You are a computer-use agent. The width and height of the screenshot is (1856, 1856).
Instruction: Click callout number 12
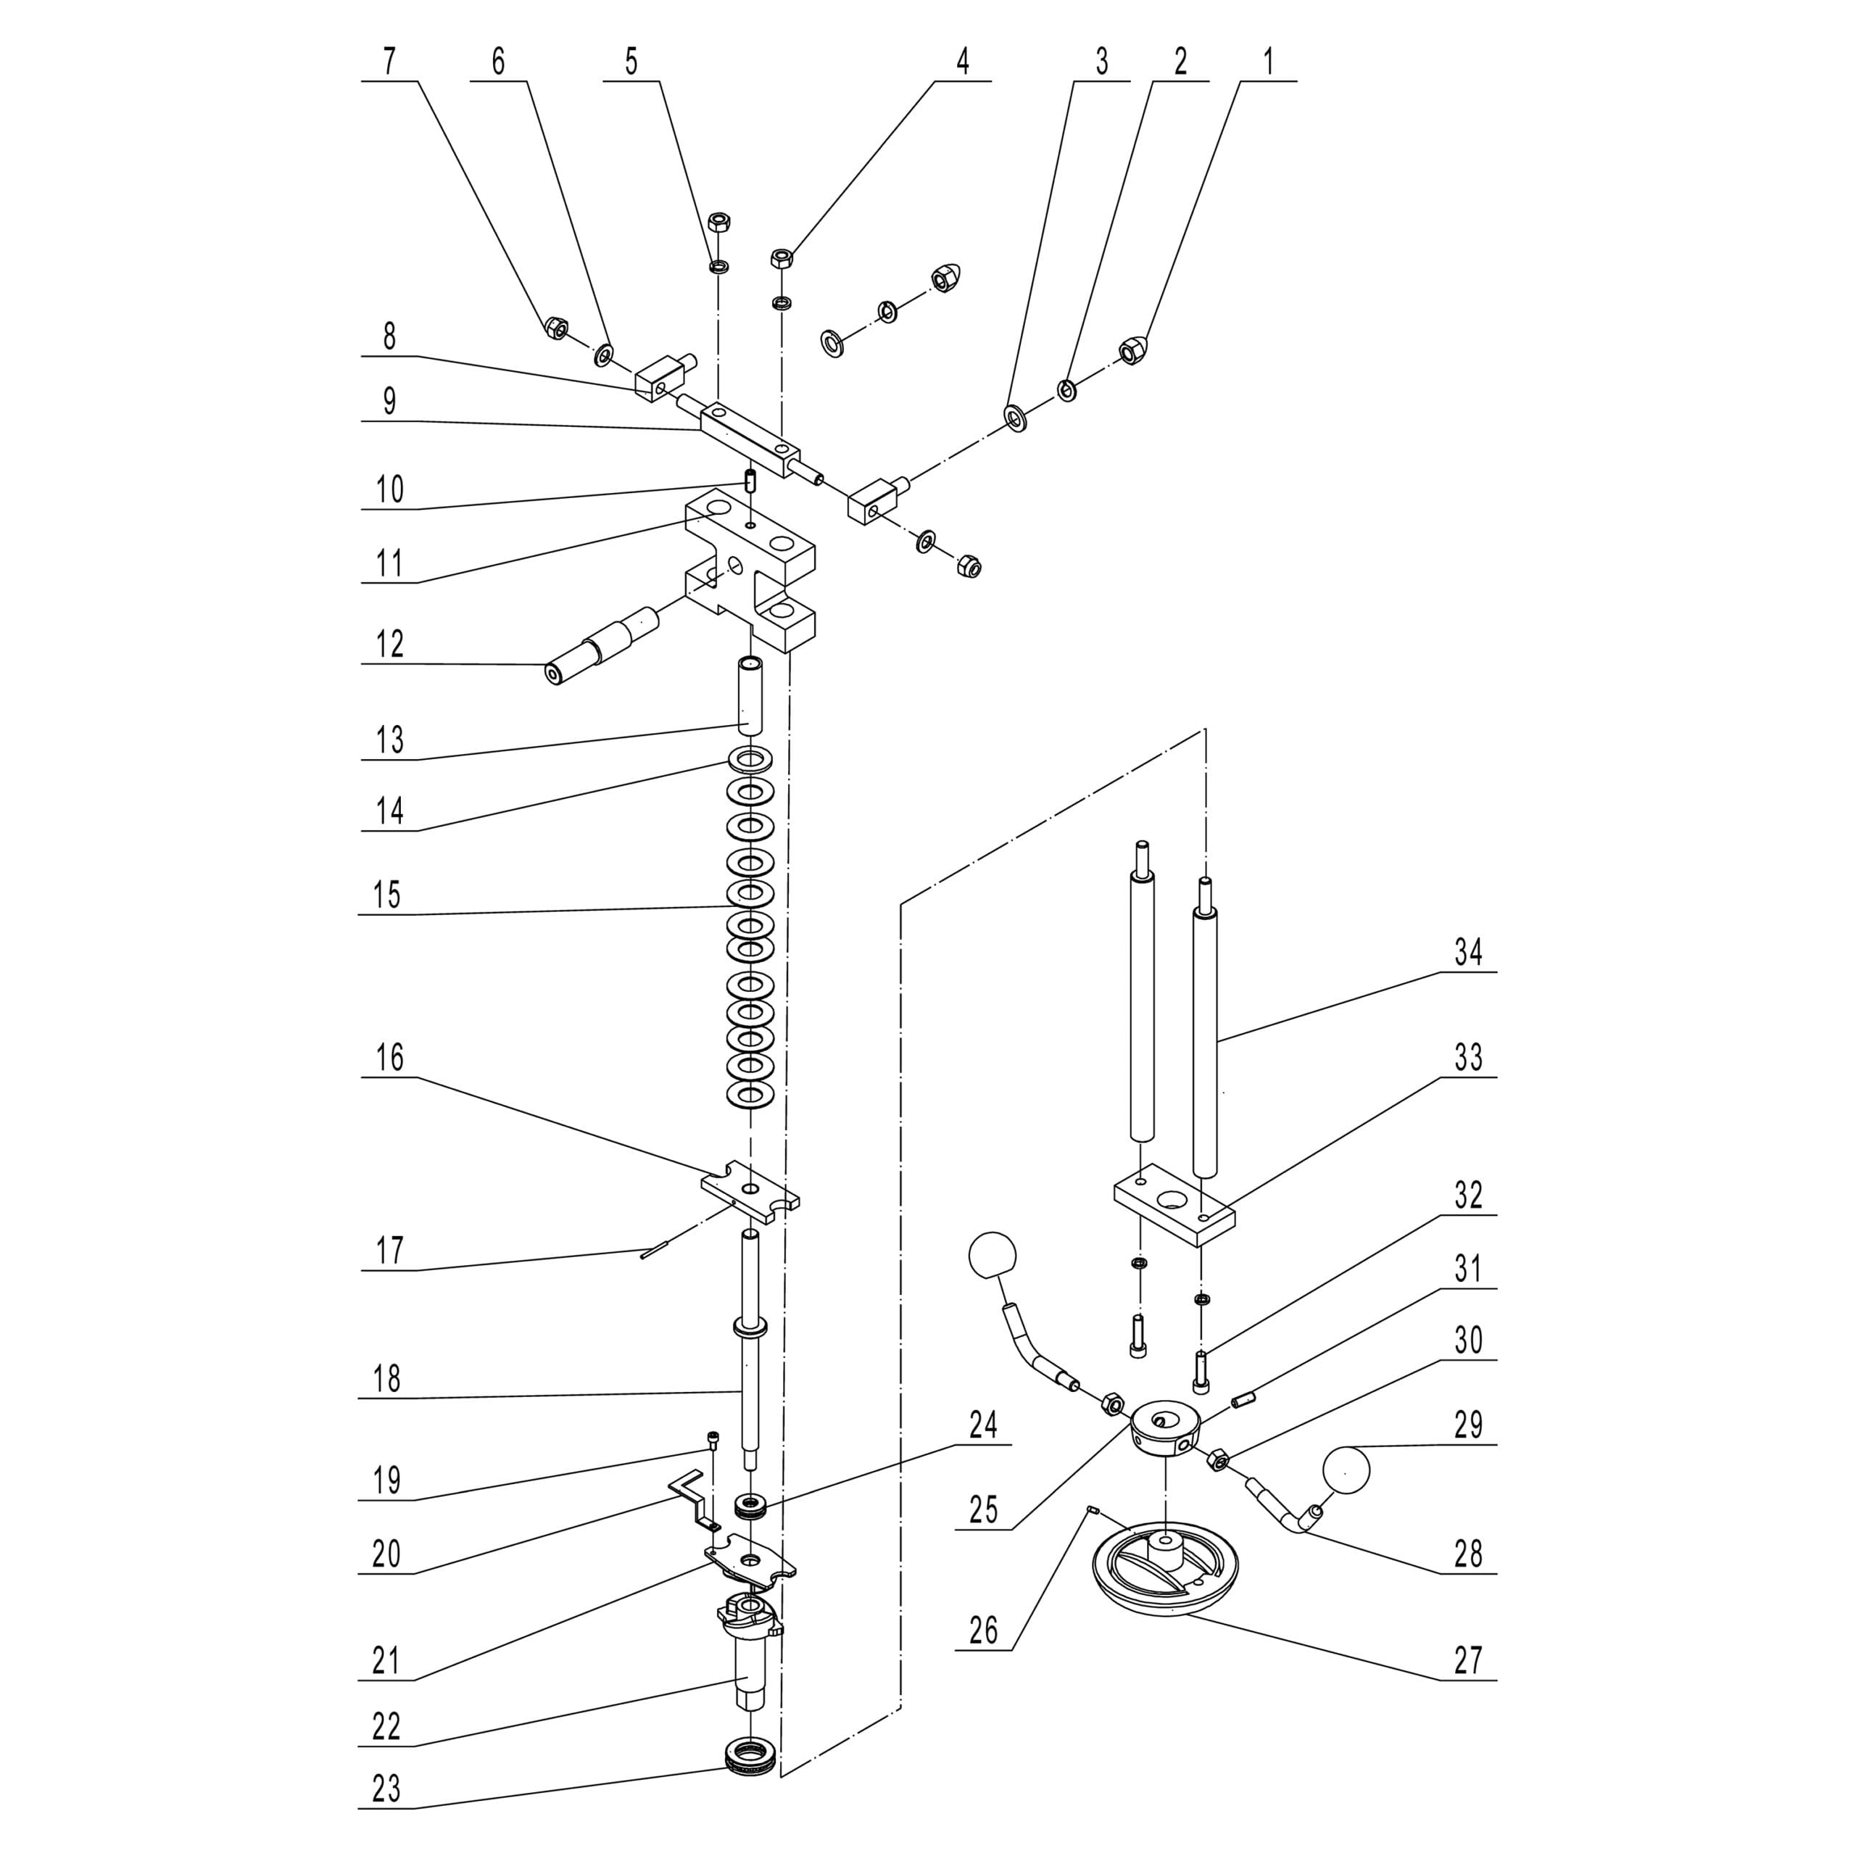[x=389, y=644]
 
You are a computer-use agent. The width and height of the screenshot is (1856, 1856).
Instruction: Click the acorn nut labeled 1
[x=1134, y=352]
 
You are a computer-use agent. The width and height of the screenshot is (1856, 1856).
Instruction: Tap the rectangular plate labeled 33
[x=1174, y=1203]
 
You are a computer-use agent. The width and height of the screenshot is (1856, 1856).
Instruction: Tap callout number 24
[x=983, y=1425]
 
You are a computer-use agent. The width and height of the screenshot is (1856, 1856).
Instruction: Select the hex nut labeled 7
[x=555, y=328]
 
